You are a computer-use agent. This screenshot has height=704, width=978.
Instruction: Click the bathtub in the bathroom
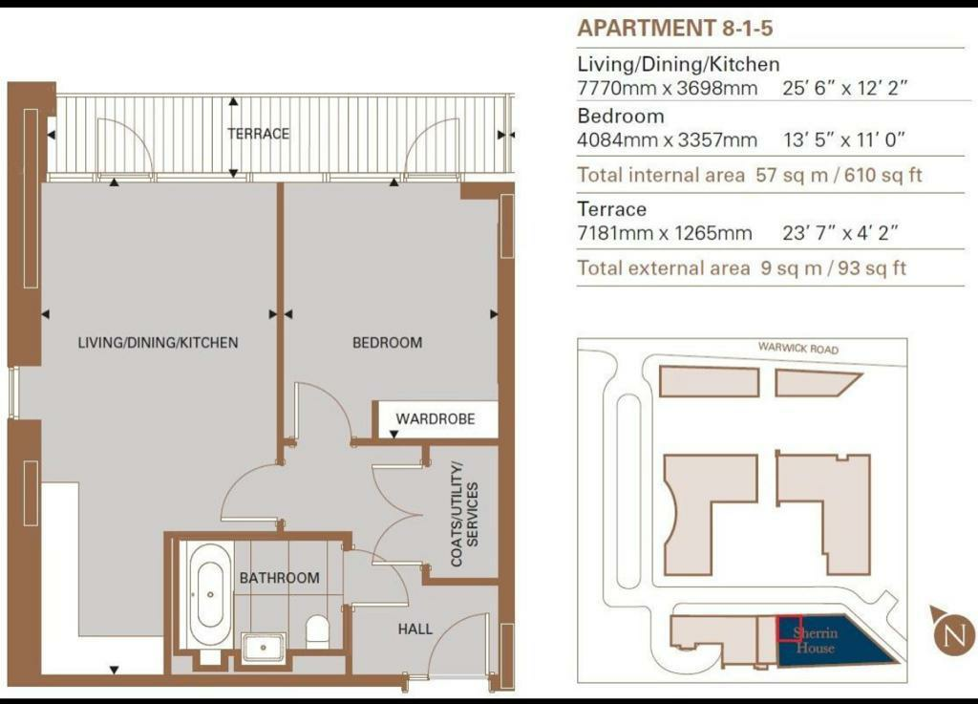(209, 595)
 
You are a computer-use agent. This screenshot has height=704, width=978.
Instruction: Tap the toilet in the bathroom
(317, 631)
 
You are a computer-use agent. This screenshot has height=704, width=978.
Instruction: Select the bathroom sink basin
(264, 648)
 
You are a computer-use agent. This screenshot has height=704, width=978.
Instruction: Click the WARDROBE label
(436, 419)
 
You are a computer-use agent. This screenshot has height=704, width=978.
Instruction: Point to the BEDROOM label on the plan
(388, 342)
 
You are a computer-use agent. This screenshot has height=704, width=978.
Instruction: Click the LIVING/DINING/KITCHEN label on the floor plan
(158, 342)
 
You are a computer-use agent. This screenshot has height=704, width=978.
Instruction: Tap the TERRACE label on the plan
(258, 134)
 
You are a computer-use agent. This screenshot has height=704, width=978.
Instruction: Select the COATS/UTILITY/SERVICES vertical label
(465, 515)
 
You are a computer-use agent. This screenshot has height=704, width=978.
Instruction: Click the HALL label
(415, 629)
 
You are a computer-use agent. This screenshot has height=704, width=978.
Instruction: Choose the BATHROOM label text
(280, 578)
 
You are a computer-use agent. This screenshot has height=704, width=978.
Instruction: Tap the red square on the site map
(789, 629)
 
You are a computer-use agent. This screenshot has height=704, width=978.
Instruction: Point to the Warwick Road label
(798, 348)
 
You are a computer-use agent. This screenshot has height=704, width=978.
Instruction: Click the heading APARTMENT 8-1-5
(675, 28)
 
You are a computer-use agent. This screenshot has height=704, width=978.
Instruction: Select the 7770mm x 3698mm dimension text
(668, 88)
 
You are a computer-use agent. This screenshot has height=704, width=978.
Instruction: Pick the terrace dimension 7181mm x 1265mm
(665, 233)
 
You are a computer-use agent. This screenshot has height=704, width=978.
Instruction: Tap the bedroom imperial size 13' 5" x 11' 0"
(844, 139)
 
